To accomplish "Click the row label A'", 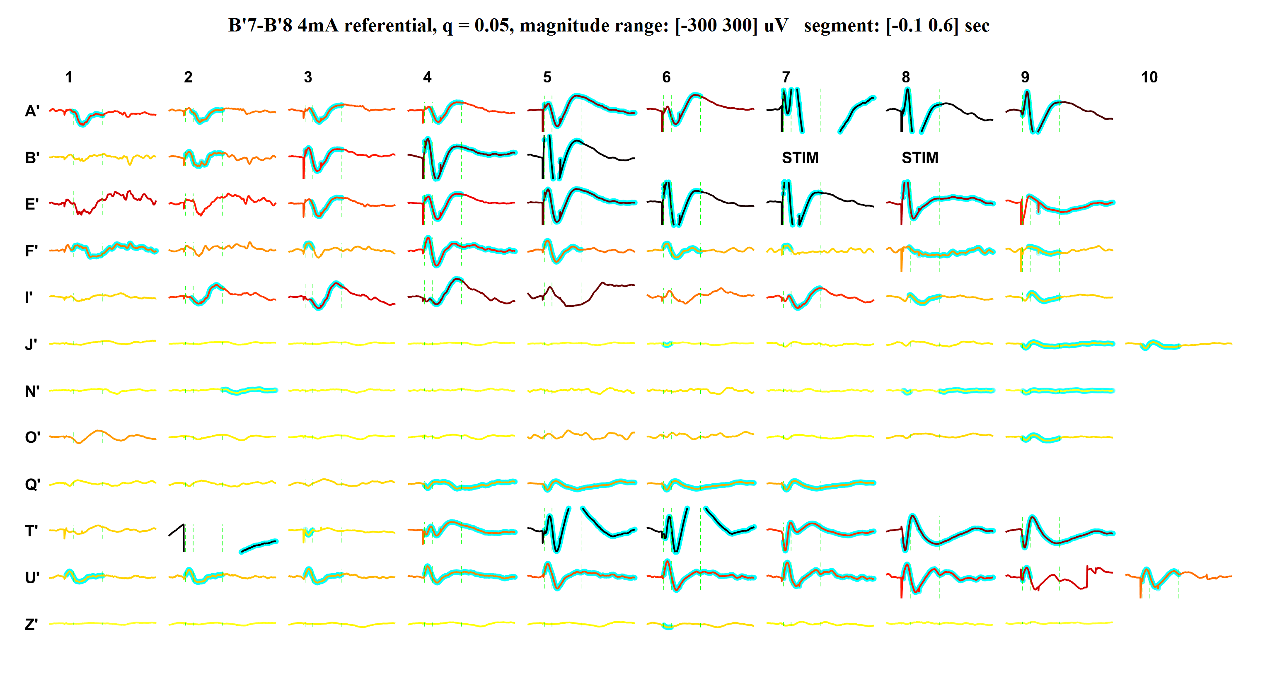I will point(32,111).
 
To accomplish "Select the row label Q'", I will point(32,484).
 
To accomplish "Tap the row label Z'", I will point(31,624).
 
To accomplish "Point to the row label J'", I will point(31,344).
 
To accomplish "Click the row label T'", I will point(31,531).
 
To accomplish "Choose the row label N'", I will point(32,391).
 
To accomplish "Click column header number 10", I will point(1149,77).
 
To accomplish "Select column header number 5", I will point(547,77).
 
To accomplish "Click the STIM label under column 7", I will point(800,158).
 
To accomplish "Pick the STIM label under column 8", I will point(919,158).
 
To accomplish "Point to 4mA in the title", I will point(317,26).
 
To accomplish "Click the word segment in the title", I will point(841,26).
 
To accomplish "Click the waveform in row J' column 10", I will point(1178,345).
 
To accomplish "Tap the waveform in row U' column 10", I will point(1178,575).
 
